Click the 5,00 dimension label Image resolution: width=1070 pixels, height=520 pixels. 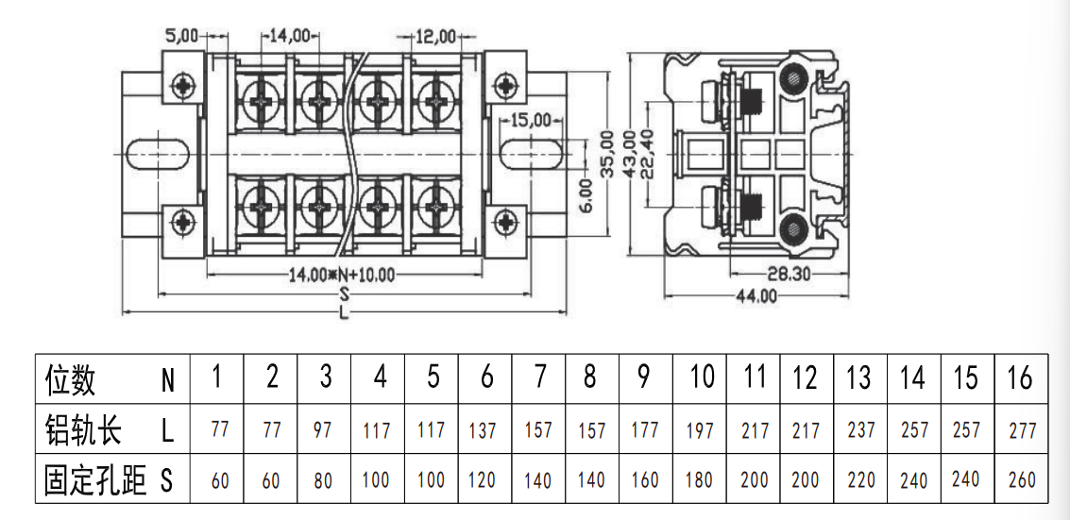tap(180, 36)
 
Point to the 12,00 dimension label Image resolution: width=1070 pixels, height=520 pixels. tap(436, 36)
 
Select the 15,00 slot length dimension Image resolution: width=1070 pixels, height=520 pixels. tap(530, 121)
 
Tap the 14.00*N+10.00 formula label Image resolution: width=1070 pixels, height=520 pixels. tap(342, 276)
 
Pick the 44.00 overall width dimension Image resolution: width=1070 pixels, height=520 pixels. tap(756, 296)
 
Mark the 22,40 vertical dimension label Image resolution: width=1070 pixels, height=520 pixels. tap(652, 154)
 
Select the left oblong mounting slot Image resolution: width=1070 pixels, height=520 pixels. tap(159, 154)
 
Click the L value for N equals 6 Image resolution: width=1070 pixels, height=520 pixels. tap(483, 430)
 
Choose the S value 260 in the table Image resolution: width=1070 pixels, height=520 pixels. tap(1022, 479)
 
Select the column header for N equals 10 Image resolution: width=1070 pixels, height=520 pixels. tap(701, 377)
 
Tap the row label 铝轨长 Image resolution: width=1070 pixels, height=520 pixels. tap(82, 430)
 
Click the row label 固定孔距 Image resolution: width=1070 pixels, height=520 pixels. tap(94, 480)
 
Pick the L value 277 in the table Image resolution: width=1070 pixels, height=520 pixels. tap(1022, 430)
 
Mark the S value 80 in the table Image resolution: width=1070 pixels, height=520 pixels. tap(323, 480)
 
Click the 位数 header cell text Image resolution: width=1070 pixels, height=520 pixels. tap(70, 379)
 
